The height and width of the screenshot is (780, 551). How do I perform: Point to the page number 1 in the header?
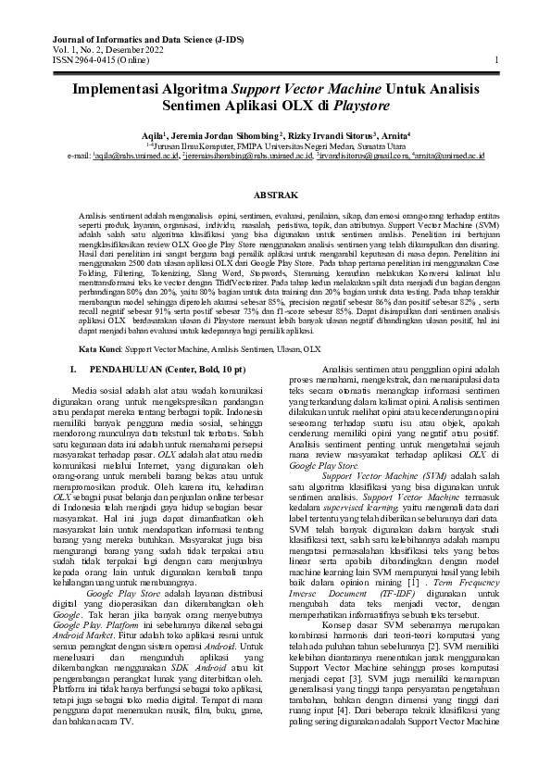coord(497,61)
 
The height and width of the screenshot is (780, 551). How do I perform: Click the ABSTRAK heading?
coord(275,195)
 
